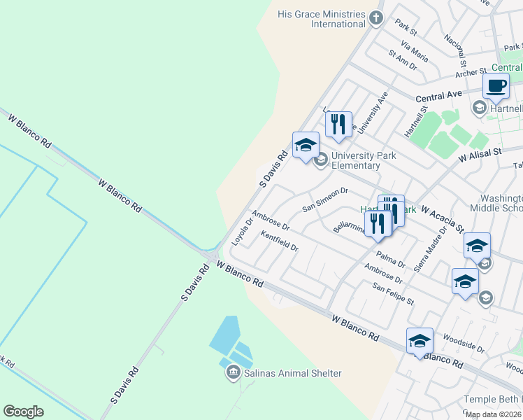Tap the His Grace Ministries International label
coord(321,19)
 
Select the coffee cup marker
coord(496,86)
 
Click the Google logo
coord(23,412)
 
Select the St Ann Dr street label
coord(403,59)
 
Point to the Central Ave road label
coord(438,94)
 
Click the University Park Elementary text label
coord(356,160)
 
